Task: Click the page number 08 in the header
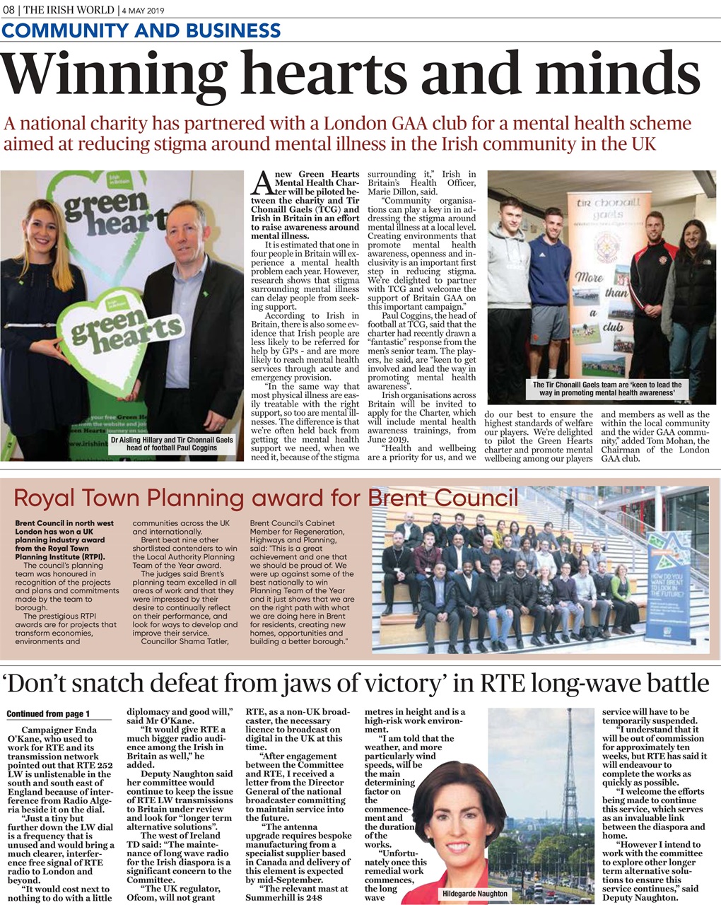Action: (x=11, y=10)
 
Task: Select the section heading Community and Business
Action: (x=141, y=31)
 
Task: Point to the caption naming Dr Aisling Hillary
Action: (x=172, y=443)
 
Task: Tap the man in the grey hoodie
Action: (x=508, y=283)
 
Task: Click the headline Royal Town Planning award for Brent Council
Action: (x=266, y=498)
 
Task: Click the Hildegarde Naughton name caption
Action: (x=474, y=894)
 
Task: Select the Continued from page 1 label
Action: (x=48, y=714)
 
